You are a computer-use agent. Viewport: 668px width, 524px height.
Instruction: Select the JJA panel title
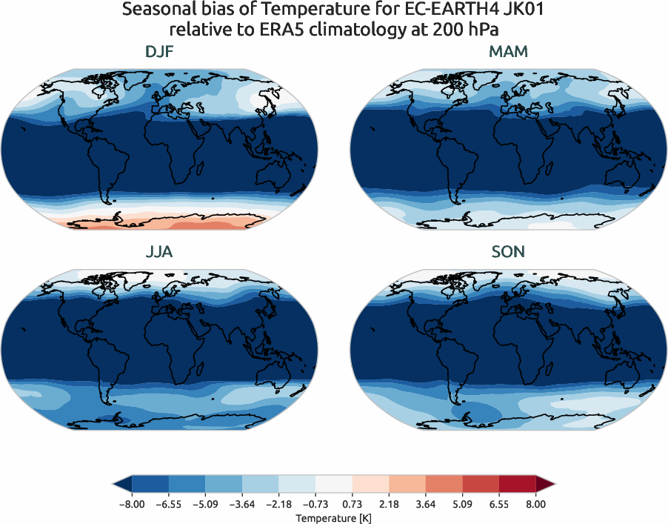point(160,252)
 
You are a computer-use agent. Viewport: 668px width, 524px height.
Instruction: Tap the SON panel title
point(508,252)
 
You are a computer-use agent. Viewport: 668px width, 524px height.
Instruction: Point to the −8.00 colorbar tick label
point(130,504)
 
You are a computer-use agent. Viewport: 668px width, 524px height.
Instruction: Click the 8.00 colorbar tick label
point(535,504)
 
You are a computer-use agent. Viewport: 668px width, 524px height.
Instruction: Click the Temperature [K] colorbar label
point(333,517)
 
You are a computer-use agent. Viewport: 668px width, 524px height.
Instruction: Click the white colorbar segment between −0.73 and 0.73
point(333,485)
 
